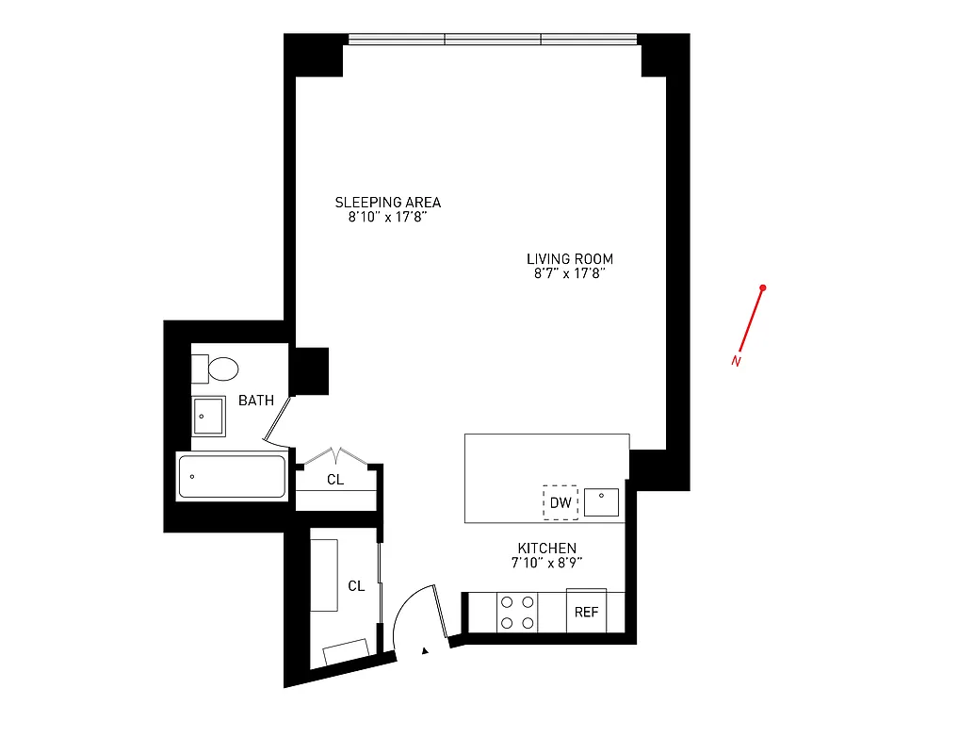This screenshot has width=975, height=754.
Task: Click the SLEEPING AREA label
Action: tap(387, 203)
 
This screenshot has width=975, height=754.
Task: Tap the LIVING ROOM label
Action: tap(570, 259)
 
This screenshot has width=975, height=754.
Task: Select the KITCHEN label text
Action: tap(546, 549)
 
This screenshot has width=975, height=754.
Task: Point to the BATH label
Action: tap(255, 401)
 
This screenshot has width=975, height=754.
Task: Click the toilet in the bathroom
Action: tap(221, 368)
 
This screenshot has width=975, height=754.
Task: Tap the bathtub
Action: tap(231, 477)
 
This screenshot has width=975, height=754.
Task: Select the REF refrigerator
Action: tap(586, 612)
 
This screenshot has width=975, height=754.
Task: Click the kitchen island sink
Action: tap(602, 502)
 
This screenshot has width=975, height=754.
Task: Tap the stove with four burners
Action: tap(517, 612)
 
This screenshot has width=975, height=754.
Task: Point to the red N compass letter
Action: tap(736, 360)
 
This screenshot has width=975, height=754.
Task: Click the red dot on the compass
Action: tap(763, 287)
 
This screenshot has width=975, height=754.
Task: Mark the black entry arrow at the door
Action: tap(426, 649)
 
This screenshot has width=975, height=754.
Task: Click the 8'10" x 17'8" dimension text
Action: tap(387, 218)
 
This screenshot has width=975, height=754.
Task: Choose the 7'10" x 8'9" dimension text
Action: tap(546, 564)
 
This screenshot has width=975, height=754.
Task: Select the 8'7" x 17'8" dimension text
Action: tap(570, 274)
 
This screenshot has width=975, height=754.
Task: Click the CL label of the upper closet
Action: tap(335, 479)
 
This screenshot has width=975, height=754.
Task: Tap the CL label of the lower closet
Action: tap(356, 586)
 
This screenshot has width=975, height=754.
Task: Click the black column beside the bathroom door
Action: tap(310, 371)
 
